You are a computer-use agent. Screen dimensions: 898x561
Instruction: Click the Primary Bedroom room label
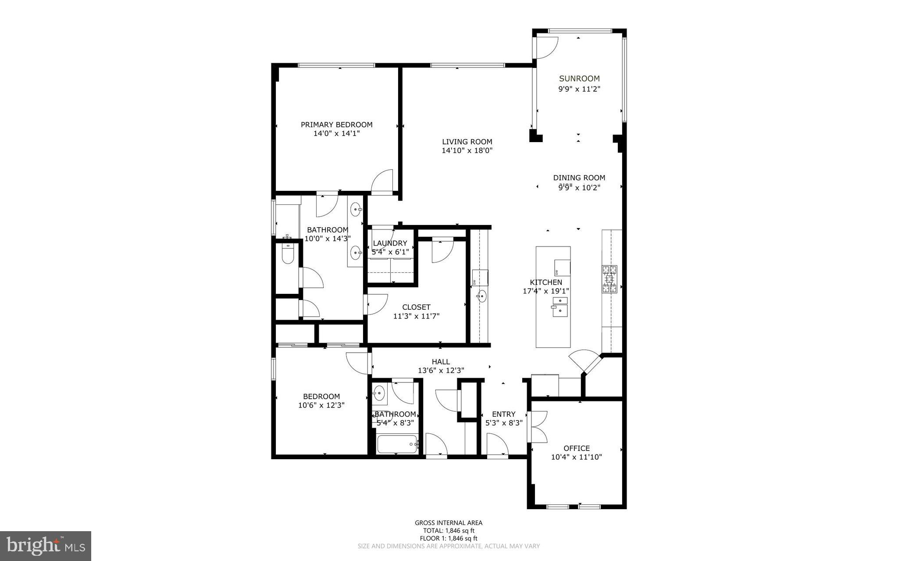336,125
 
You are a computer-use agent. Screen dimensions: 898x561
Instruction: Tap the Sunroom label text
579,79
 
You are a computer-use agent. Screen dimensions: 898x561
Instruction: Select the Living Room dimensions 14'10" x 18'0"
467,150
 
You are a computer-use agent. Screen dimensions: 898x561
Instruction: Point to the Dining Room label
579,178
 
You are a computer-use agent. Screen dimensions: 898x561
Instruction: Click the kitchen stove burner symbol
609,279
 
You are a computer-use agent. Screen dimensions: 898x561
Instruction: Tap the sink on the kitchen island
559,306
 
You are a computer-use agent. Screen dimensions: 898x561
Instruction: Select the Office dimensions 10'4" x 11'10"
576,457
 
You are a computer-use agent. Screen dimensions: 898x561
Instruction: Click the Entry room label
503,414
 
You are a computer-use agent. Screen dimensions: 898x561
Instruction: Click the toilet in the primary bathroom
288,254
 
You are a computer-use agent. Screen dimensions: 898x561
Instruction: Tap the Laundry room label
390,243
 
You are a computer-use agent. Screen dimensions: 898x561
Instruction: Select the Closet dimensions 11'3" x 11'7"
416,316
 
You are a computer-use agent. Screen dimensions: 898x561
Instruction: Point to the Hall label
441,361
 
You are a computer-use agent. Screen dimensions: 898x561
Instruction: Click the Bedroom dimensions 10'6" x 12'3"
321,405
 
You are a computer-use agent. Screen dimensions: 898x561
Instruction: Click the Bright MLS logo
46,546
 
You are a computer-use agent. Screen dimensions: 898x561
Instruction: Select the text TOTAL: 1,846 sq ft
449,531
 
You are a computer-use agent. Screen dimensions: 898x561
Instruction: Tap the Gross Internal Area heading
449,523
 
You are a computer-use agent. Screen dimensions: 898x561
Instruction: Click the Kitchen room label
546,282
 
